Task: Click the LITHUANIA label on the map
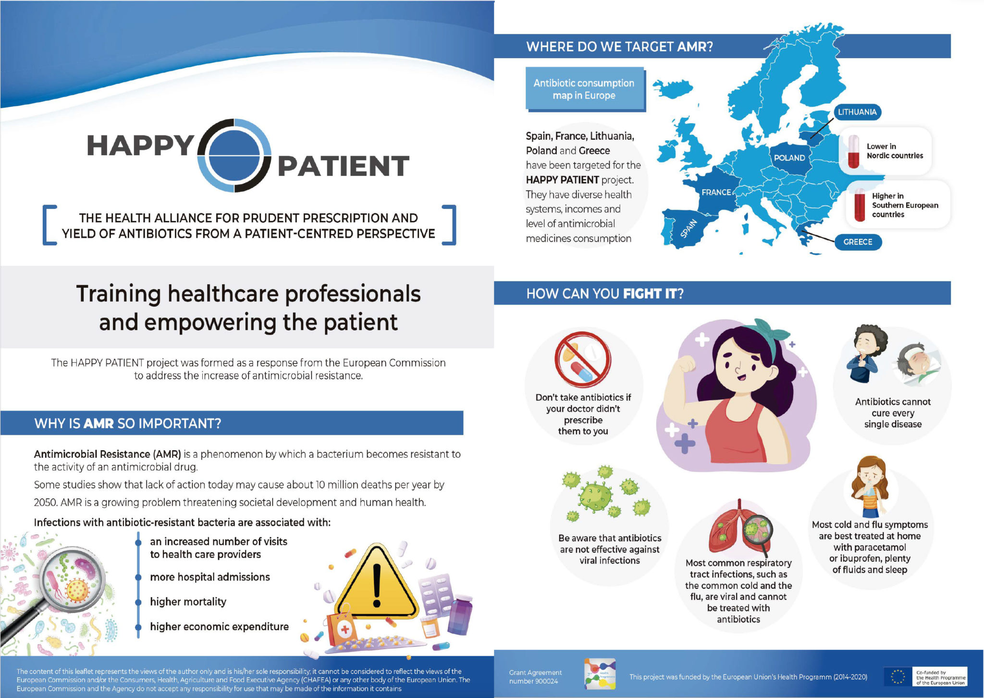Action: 857,112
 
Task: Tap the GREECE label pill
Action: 858,242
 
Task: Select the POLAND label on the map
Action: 789,158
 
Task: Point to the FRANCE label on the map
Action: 716,192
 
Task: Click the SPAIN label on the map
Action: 689,228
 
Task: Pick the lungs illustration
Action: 740,528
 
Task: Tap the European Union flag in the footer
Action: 898,676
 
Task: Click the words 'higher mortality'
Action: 188,601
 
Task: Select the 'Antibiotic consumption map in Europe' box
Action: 584,89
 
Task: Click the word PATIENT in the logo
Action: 343,166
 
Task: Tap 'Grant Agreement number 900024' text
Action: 535,676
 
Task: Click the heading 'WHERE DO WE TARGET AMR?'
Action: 619,47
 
